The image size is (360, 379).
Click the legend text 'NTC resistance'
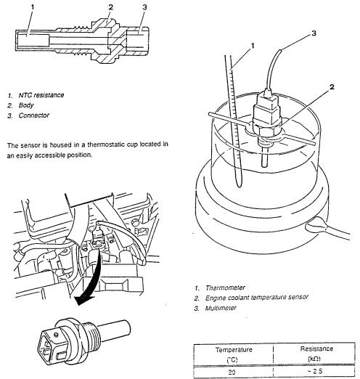pyautogui.click(x=41, y=95)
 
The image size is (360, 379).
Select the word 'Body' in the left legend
pyautogui.click(x=26, y=105)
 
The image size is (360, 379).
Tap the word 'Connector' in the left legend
pyautogui.click(x=34, y=115)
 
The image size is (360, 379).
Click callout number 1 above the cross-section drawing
pyautogui.click(x=33, y=7)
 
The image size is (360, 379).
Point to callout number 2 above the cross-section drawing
pyautogui.click(x=110, y=7)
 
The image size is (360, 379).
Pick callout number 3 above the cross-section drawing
pyautogui.click(x=144, y=7)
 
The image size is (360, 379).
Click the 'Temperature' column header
pyautogui.click(x=234, y=350)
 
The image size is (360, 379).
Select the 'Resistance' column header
pyautogui.click(x=316, y=349)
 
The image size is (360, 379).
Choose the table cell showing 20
pyautogui.click(x=232, y=372)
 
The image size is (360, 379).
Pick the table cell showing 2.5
pyautogui.click(x=315, y=371)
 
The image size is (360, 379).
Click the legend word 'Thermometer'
pyautogui.click(x=225, y=288)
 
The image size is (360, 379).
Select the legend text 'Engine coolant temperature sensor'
pyautogui.click(x=257, y=298)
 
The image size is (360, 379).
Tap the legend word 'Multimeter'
pyautogui.click(x=221, y=308)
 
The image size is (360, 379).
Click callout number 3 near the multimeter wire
pyautogui.click(x=314, y=33)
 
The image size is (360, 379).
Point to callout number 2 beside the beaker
pyautogui.click(x=332, y=86)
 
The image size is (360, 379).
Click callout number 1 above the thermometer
pyautogui.click(x=253, y=46)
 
